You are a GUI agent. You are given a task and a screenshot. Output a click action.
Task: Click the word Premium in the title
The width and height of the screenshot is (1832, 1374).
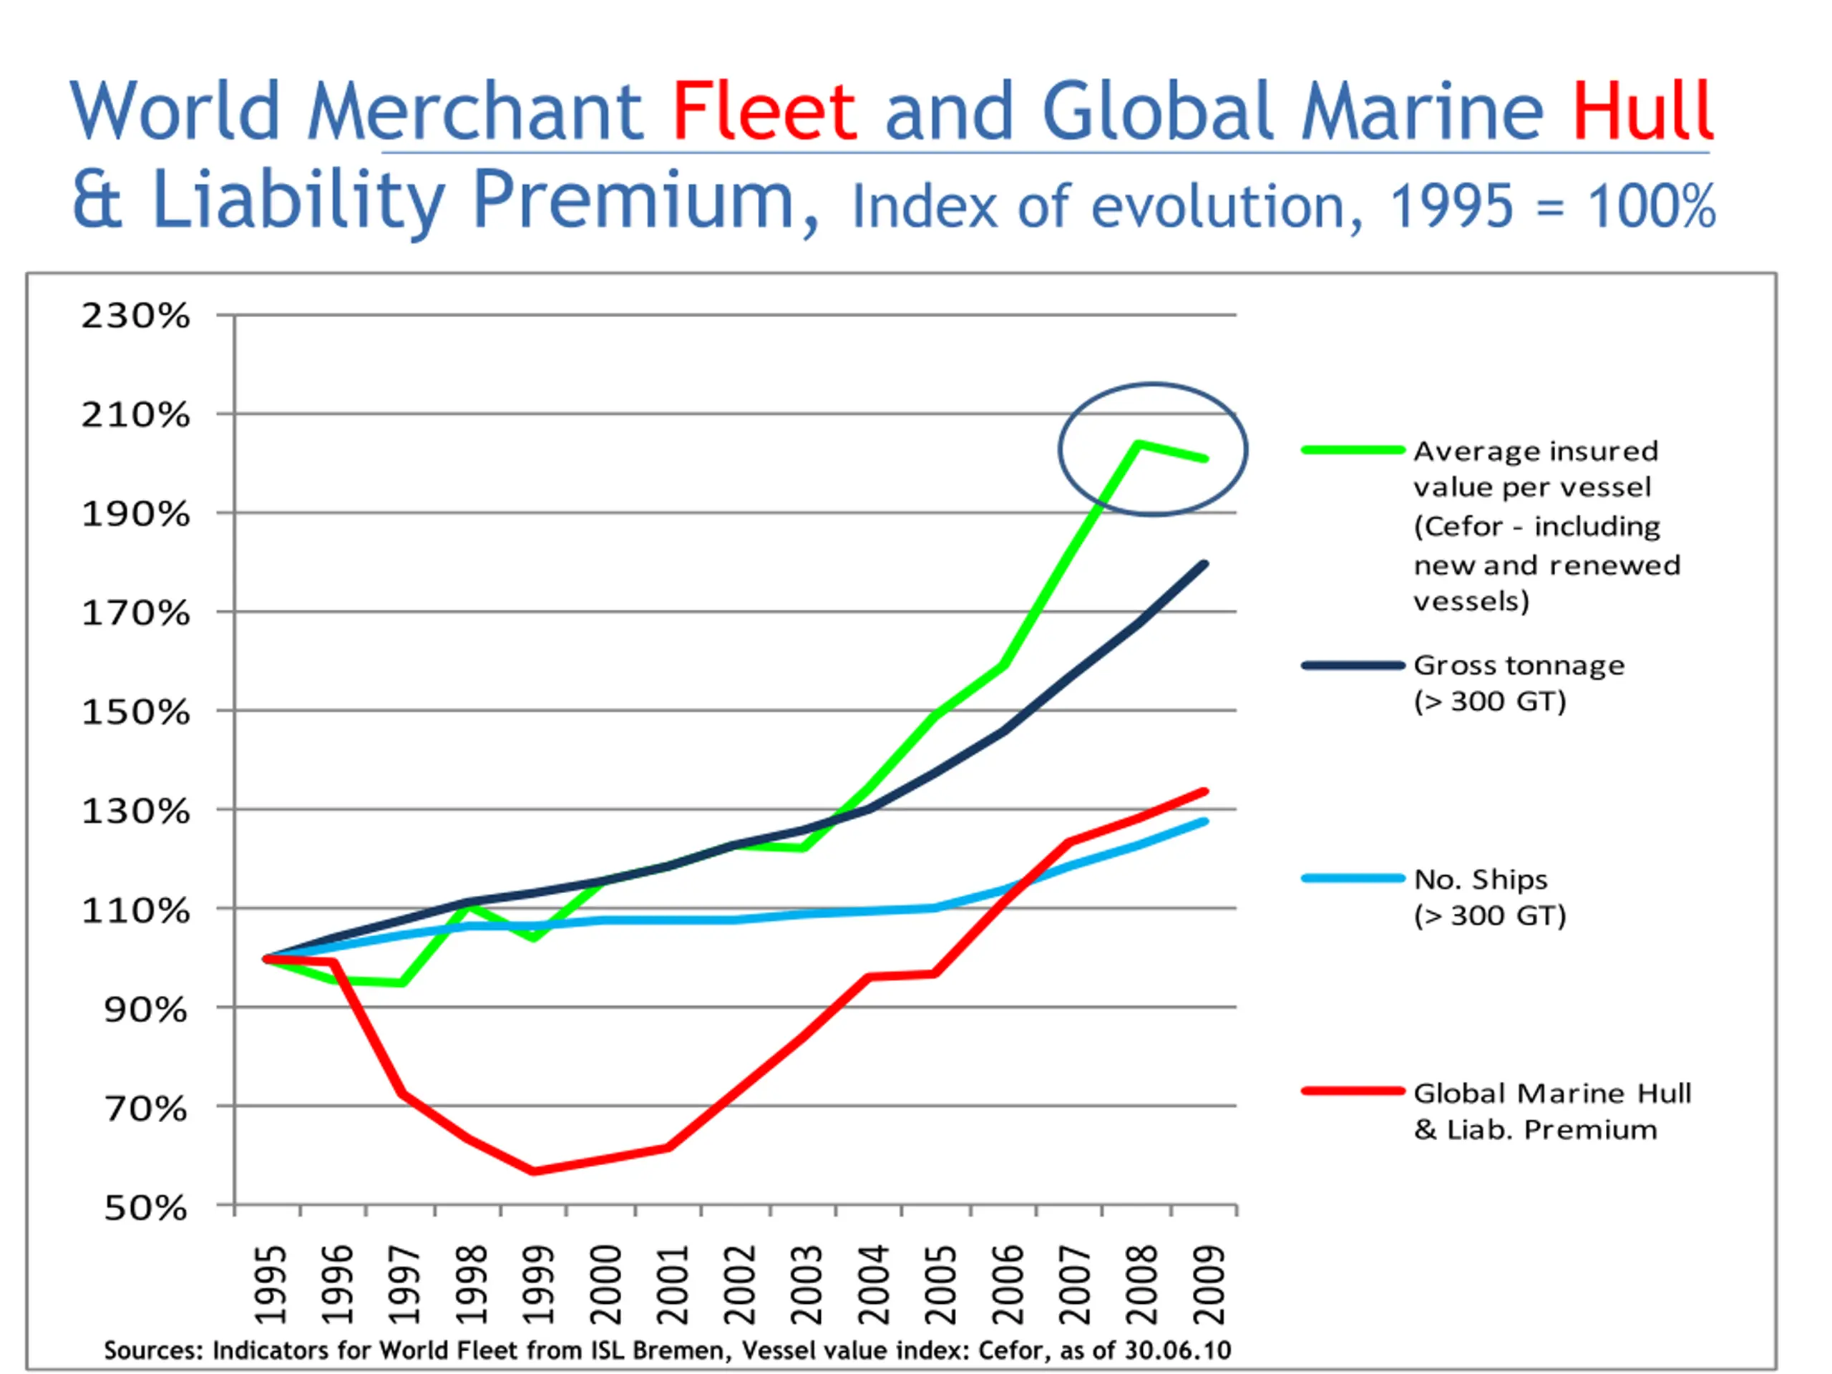633,200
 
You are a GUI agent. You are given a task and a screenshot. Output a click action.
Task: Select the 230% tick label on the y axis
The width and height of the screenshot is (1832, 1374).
135,316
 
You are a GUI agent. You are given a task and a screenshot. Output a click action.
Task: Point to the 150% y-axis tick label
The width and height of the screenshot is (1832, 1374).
135,712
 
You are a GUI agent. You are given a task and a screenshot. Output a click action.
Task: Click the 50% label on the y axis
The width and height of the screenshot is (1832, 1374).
145,1209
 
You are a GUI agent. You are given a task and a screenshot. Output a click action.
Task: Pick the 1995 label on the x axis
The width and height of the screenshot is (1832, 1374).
270,1285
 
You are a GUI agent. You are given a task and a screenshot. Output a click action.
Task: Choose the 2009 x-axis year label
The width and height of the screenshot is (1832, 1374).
1209,1285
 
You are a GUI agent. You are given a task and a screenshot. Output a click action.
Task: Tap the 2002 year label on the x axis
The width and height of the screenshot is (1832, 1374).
739,1285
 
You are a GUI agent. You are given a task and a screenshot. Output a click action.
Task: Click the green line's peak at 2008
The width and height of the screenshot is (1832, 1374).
1139,444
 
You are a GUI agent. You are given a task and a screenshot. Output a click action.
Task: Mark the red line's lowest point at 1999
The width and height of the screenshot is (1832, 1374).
533,1171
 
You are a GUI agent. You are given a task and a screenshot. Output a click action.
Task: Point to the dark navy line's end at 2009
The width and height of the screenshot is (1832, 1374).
1205,564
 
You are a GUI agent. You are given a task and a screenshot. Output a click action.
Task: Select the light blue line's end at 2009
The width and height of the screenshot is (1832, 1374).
1205,822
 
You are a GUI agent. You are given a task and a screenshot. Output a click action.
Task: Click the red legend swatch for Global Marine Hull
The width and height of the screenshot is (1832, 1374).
1353,1091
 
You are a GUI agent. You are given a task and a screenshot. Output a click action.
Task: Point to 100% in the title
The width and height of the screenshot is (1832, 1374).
1651,207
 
